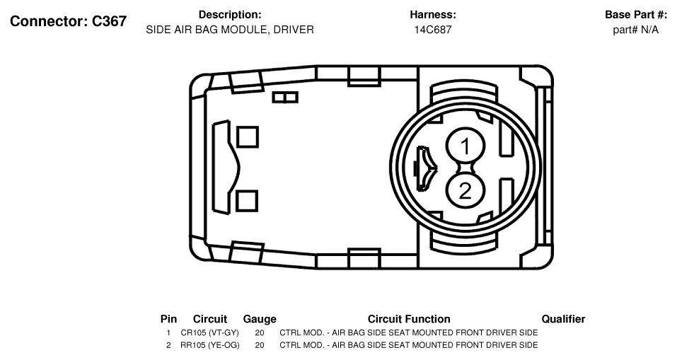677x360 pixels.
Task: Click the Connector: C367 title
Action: click(x=68, y=21)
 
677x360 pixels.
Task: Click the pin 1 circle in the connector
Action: click(x=465, y=146)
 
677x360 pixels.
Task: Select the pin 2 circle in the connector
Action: click(x=465, y=190)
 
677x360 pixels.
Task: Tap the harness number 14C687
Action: click(x=433, y=30)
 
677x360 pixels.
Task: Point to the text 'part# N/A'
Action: click(x=635, y=30)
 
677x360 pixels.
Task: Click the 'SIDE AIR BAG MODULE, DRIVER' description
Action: click(x=230, y=30)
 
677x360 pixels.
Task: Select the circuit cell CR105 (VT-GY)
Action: click(x=210, y=333)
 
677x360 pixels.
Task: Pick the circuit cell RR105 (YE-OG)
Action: click(x=210, y=345)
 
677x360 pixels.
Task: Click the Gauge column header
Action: click(x=260, y=319)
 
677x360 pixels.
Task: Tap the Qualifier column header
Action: click(x=563, y=319)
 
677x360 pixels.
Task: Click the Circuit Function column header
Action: click(x=409, y=319)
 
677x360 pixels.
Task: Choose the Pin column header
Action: click(x=169, y=319)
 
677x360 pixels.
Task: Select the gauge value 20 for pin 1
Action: click(x=260, y=333)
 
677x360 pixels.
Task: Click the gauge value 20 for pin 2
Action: click(x=260, y=345)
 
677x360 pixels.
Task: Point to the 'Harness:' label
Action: click(x=433, y=15)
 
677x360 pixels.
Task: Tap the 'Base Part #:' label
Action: click(x=636, y=15)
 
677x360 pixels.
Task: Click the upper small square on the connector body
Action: click(x=248, y=137)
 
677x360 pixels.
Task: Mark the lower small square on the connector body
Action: click(x=247, y=201)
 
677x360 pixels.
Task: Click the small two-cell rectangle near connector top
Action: click(x=285, y=97)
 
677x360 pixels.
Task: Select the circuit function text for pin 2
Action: click(x=409, y=345)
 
